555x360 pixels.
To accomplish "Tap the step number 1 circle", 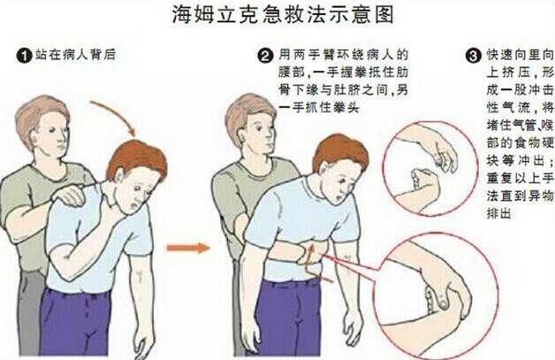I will (22, 56).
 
